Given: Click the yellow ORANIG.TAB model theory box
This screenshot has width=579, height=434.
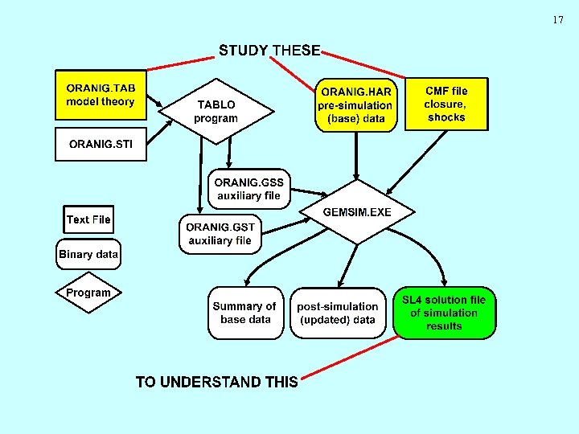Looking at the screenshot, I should [101, 95].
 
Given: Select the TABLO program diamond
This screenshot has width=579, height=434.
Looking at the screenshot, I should [216, 112].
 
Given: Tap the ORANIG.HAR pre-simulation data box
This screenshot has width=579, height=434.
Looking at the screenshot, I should [355, 104].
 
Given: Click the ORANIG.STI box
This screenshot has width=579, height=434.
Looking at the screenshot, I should [101, 145].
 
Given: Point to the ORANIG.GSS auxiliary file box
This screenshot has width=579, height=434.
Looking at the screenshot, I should [248, 189].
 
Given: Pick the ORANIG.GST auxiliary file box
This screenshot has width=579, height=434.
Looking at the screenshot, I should [220, 234].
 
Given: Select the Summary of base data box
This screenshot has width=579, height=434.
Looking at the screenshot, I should [245, 313].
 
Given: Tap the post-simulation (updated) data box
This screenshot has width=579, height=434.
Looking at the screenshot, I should [337, 313].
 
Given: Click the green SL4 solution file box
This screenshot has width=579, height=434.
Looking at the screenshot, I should [445, 313].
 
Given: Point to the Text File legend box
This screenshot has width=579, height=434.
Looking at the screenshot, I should [88, 219].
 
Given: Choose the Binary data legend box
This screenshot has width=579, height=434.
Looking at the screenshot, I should [88, 255].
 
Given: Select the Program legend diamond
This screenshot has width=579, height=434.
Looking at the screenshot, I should [88, 293].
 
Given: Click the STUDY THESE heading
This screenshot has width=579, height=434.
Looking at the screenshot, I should [269, 51].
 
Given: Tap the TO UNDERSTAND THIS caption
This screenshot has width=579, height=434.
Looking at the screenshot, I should [216, 382].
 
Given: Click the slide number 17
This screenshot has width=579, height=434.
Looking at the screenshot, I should [558, 20].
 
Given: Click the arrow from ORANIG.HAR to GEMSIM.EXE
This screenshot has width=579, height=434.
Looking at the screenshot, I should [356, 153].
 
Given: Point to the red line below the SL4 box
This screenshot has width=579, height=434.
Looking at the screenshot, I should [350, 357].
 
